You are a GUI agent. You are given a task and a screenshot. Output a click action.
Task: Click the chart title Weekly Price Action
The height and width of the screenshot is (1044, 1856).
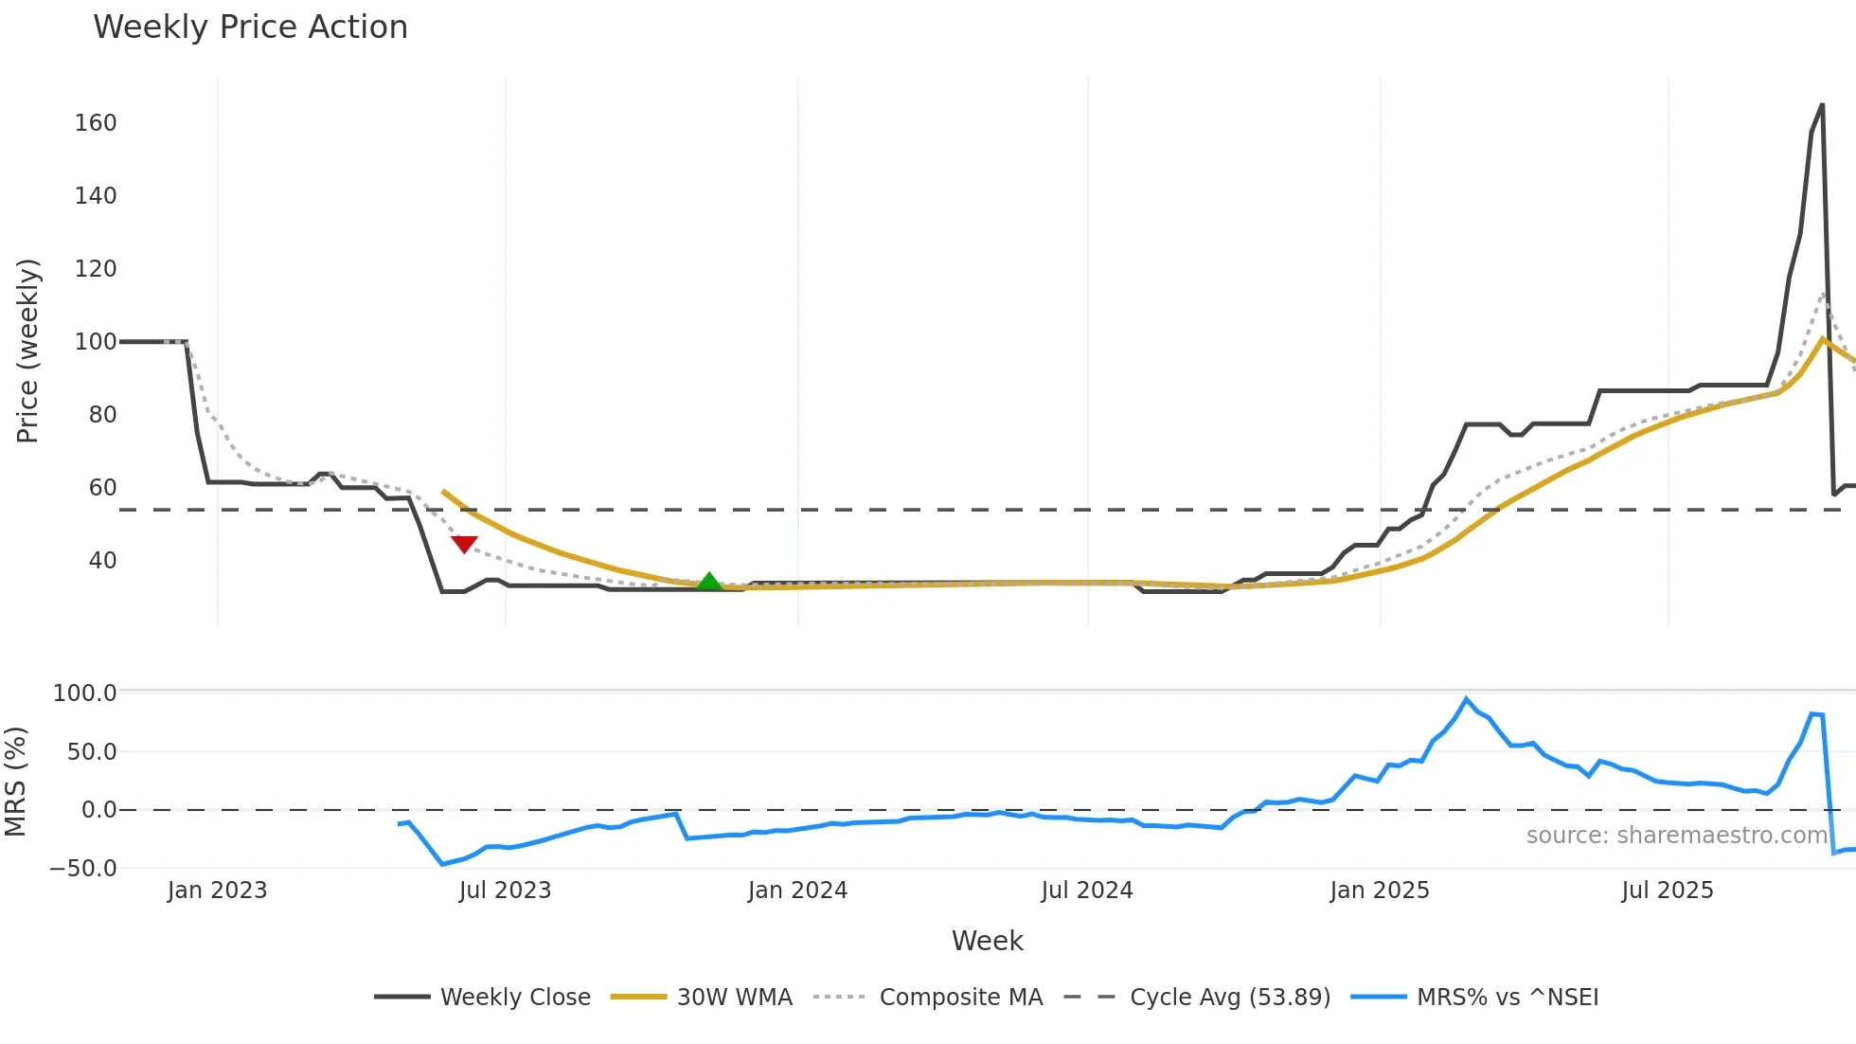tap(250, 27)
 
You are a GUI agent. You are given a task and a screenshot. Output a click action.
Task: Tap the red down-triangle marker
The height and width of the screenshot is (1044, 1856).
tap(464, 544)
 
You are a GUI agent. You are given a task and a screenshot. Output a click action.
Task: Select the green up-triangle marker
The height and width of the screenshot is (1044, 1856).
tap(709, 582)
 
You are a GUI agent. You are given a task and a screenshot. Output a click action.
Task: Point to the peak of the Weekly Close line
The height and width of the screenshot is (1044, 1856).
tap(1822, 105)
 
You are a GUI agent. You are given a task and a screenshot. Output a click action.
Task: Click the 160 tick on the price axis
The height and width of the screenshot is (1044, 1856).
tap(96, 123)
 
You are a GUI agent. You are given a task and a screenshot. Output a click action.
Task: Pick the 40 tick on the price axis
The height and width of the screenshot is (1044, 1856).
tap(102, 561)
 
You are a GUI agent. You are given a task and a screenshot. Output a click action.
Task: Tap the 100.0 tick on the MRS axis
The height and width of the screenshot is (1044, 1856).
tap(84, 693)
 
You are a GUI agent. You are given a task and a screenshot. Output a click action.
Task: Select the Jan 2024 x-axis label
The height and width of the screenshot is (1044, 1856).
tap(797, 891)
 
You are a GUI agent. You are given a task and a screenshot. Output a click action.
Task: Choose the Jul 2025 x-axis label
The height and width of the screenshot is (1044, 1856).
tap(1668, 891)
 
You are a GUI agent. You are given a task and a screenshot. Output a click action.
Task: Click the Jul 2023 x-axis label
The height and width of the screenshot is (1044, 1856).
tap(505, 891)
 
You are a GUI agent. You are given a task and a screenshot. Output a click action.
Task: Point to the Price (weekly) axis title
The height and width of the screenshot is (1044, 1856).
tap(27, 351)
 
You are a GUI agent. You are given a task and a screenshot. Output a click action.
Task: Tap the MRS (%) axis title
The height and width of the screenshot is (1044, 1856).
tap(15, 782)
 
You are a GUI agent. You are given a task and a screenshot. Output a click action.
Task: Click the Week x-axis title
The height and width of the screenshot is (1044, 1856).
tap(987, 941)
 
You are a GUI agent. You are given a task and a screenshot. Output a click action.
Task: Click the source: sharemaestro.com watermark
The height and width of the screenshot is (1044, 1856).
tap(1676, 836)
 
